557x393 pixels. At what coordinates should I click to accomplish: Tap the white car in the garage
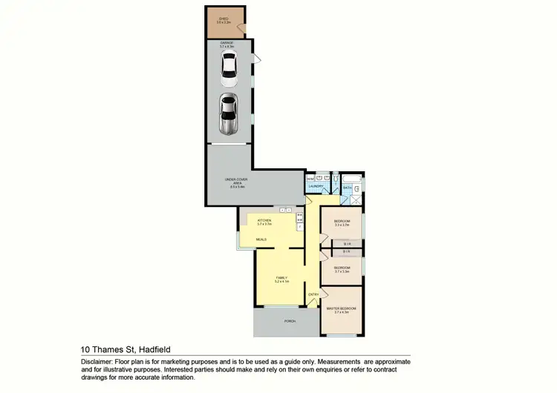coord(228,70)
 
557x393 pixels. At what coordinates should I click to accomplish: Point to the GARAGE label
coord(227,43)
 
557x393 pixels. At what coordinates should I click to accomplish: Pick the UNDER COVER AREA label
coord(237,182)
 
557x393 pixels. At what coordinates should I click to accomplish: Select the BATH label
coord(347,188)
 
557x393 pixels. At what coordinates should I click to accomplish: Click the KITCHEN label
coord(264,220)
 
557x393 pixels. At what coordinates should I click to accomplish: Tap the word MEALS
coord(261,240)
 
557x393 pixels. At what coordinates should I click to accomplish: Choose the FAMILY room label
coord(281,278)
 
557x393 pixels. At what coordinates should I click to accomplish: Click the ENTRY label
coord(313,295)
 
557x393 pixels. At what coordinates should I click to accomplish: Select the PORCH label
coord(290,321)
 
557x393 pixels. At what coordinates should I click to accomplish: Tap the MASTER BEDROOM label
coord(342,308)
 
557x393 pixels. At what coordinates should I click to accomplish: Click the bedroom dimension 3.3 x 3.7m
coord(342,225)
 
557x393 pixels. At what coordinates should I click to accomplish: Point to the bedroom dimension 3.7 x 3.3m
coord(342,271)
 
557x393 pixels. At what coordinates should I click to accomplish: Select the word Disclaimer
coord(97,361)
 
